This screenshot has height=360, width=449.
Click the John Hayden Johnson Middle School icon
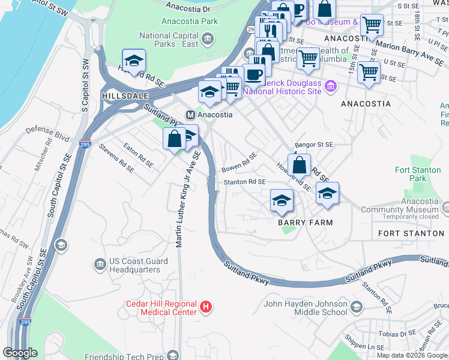point(356,308)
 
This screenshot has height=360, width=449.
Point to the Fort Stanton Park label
point(418,174)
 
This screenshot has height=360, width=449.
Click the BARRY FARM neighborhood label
point(305,222)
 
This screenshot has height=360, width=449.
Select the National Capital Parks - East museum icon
point(207,40)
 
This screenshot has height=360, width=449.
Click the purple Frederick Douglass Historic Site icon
point(329,88)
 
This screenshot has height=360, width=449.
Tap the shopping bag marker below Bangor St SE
point(298,164)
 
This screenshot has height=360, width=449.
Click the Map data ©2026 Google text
point(412,355)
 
